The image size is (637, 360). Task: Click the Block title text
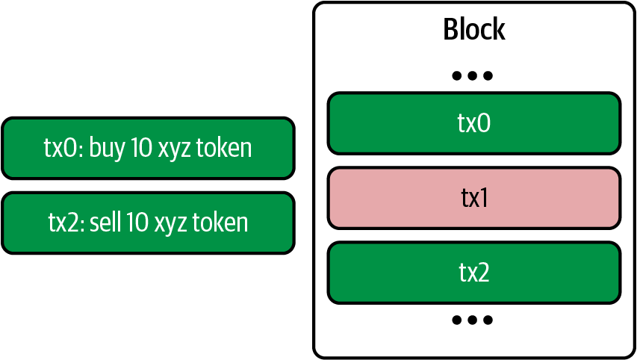(x=473, y=30)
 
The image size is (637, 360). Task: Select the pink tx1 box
(x=473, y=198)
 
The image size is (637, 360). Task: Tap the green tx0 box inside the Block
(x=473, y=122)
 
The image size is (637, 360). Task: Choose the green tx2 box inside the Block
(x=473, y=273)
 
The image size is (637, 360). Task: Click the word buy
(x=107, y=148)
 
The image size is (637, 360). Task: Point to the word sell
(x=106, y=223)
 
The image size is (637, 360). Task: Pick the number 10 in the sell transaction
(x=137, y=223)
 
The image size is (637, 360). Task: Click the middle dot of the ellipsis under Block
(x=473, y=75)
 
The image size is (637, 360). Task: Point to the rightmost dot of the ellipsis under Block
(x=488, y=75)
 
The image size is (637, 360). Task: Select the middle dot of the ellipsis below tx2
(x=473, y=320)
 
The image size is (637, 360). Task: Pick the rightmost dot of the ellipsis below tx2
(x=488, y=320)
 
